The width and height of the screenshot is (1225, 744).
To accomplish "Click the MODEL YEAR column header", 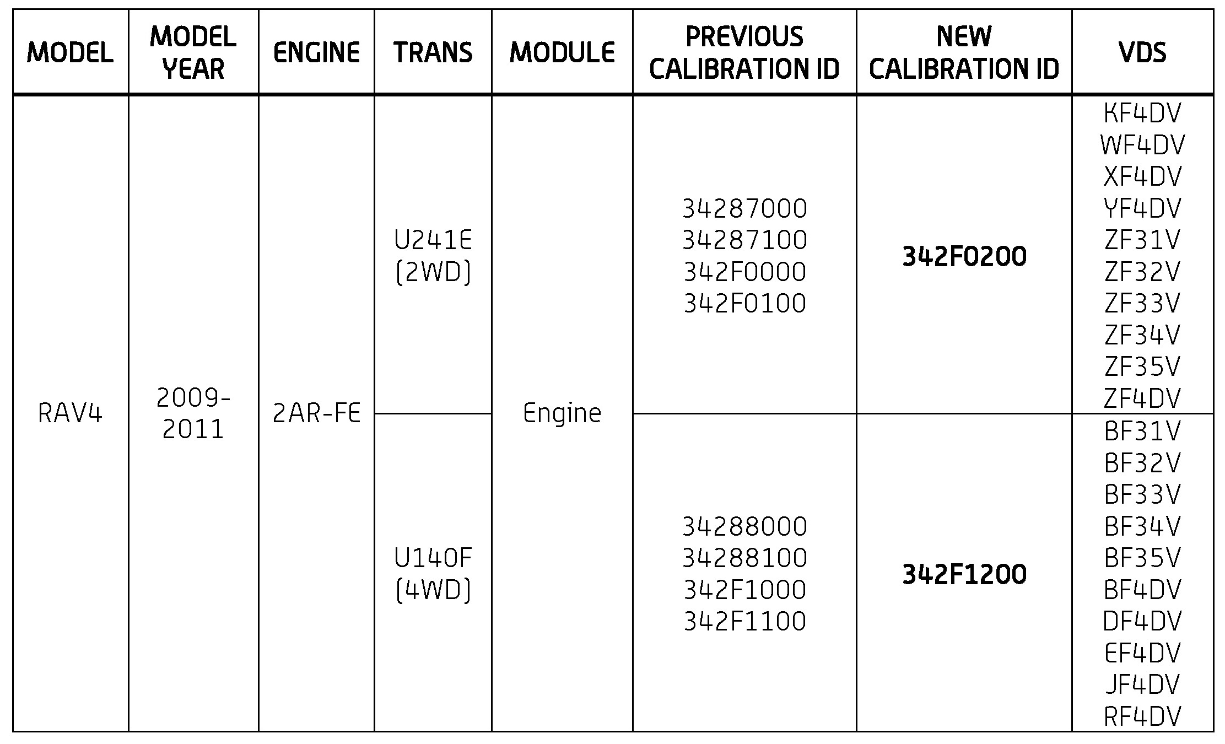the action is click(x=193, y=52).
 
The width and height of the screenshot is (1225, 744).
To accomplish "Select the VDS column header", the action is click(x=1142, y=52).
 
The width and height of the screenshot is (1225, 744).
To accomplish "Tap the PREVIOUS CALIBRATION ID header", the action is click(x=744, y=52).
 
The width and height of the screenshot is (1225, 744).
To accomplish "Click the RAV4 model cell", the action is click(x=70, y=413).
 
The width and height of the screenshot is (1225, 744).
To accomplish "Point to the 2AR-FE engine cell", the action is click(x=316, y=413).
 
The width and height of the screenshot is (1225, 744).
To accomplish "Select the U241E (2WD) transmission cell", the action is click(x=433, y=256).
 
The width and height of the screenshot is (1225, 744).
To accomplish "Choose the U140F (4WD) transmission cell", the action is click(x=433, y=574).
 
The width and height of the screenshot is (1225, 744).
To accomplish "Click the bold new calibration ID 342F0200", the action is click(x=964, y=256).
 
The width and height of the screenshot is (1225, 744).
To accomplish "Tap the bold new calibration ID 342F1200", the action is click(x=964, y=574).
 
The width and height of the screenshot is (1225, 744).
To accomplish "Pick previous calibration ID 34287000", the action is click(x=744, y=209).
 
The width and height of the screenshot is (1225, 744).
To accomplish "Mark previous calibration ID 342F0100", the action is click(x=744, y=303).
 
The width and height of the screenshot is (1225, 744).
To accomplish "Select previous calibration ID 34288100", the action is click(x=744, y=558).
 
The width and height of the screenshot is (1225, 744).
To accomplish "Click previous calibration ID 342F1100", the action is click(x=744, y=621).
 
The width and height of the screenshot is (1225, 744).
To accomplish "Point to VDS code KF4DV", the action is click(x=1142, y=114).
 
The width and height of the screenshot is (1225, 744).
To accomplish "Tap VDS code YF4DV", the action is click(x=1142, y=209).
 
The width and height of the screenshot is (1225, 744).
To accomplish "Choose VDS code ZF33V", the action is click(x=1142, y=303).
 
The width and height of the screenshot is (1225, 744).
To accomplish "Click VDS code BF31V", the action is click(x=1142, y=431).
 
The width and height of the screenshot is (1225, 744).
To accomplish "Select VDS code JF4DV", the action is click(x=1142, y=684).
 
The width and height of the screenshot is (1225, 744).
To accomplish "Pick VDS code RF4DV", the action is click(x=1142, y=716).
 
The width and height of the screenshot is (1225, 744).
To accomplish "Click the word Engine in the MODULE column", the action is click(x=562, y=413).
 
